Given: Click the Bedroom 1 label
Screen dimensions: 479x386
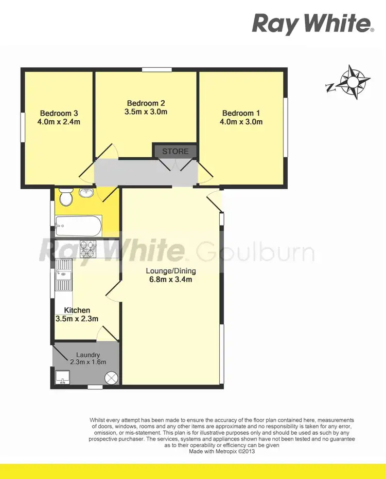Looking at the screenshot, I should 238,113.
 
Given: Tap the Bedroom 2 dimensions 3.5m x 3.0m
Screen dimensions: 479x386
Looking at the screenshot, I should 146,112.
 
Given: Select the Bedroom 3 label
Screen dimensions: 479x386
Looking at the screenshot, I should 59,113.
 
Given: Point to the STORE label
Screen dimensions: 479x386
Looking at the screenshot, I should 175,152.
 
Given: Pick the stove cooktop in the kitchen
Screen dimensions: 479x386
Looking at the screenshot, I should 87,249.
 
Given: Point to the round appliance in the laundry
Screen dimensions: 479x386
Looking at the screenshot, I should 112,378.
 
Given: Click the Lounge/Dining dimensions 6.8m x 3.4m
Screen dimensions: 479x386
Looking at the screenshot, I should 170,280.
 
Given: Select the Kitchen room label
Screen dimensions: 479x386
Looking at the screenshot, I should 77,310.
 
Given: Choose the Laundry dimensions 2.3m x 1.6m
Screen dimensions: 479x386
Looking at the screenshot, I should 87,362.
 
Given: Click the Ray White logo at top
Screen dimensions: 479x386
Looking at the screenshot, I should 312,24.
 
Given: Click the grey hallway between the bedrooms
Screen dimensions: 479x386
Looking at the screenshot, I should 144,172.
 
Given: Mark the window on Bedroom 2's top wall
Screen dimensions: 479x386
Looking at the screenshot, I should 157,70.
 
